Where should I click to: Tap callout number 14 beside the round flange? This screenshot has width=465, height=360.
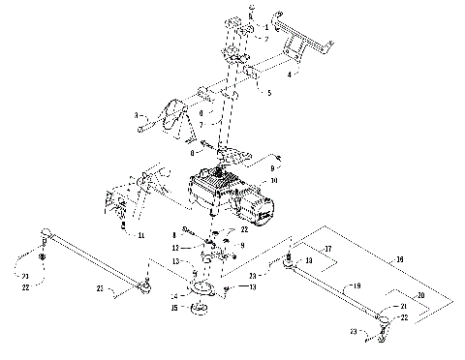pyautogui.click(x=174, y=295)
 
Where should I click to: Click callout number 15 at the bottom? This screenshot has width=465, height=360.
pyautogui.click(x=174, y=309)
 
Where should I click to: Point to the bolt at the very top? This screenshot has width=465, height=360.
pyautogui.click(x=251, y=9)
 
